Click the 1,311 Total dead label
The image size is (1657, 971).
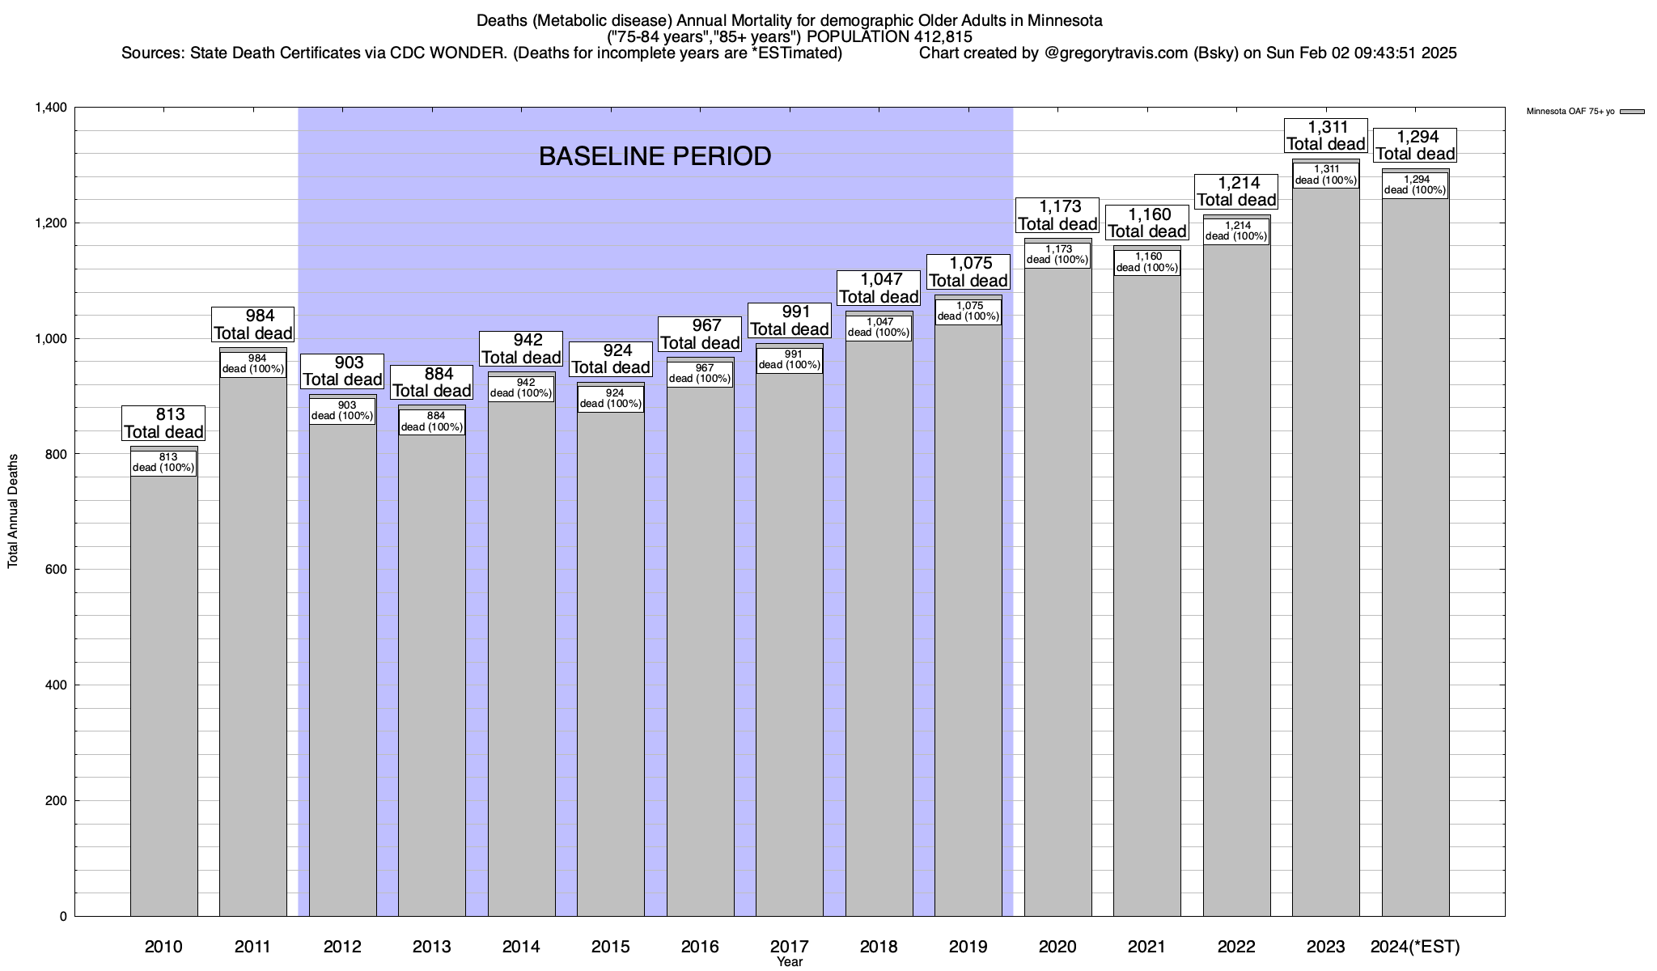tap(1325, 135)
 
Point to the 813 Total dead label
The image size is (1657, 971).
tap(163, 423)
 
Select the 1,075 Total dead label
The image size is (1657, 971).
tap(968, 272)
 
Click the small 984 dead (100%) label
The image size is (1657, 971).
tap(253, 364)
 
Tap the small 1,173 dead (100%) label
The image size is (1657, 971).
tap(1057, 255)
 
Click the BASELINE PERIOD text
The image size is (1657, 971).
tap(655, 156)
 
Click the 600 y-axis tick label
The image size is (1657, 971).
tap(55, 570)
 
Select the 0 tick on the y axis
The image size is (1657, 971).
tap(62, 917)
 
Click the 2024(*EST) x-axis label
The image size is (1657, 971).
tap(1415, 947)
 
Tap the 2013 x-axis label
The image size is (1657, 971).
tap(432, 947)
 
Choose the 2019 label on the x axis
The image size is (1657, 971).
tap(968, 947)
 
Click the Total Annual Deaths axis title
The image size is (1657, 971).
tap(13, 511)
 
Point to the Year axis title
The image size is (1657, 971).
tap(789, 962)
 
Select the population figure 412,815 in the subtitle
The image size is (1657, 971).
tap(941, 36)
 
